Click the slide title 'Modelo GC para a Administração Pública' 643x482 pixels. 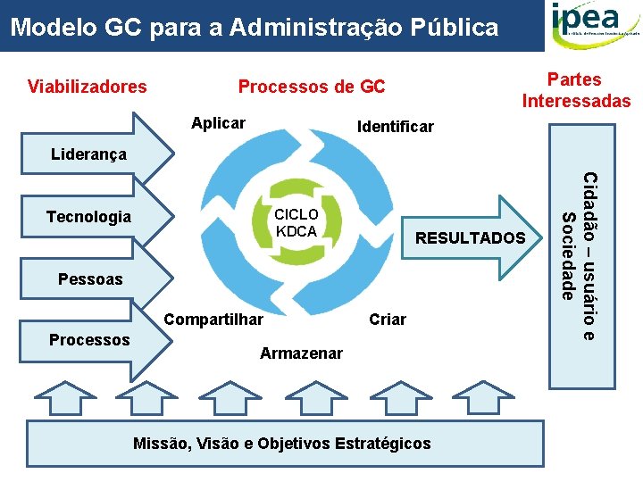click(x=255, y=28)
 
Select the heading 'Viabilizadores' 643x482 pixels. click(x=88, y=87)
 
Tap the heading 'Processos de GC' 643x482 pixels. click(x=312, y=87)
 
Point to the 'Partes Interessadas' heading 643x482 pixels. click(x=576, y=90)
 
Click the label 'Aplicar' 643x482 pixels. click(x=219, y=123)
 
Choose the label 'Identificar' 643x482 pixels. click(x=395, y=127)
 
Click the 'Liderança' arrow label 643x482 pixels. click(x=88, y=154)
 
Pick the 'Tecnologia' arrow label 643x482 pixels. click(x=88, y=217)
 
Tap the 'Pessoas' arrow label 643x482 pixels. click(x=90, y=279)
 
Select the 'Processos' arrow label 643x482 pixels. click(x=89, y=340)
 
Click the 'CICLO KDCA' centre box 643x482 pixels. click(x=296, y=223)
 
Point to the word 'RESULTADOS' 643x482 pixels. click(x=471, y=237)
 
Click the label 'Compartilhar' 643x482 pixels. click(x=214, y=320)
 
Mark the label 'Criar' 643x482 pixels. click(x=388, y=320)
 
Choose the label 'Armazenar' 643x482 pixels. click(x=301, y=353)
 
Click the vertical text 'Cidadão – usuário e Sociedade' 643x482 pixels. click(x=578, y=257)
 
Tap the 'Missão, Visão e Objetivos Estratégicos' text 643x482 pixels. click(x=281, y=444)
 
